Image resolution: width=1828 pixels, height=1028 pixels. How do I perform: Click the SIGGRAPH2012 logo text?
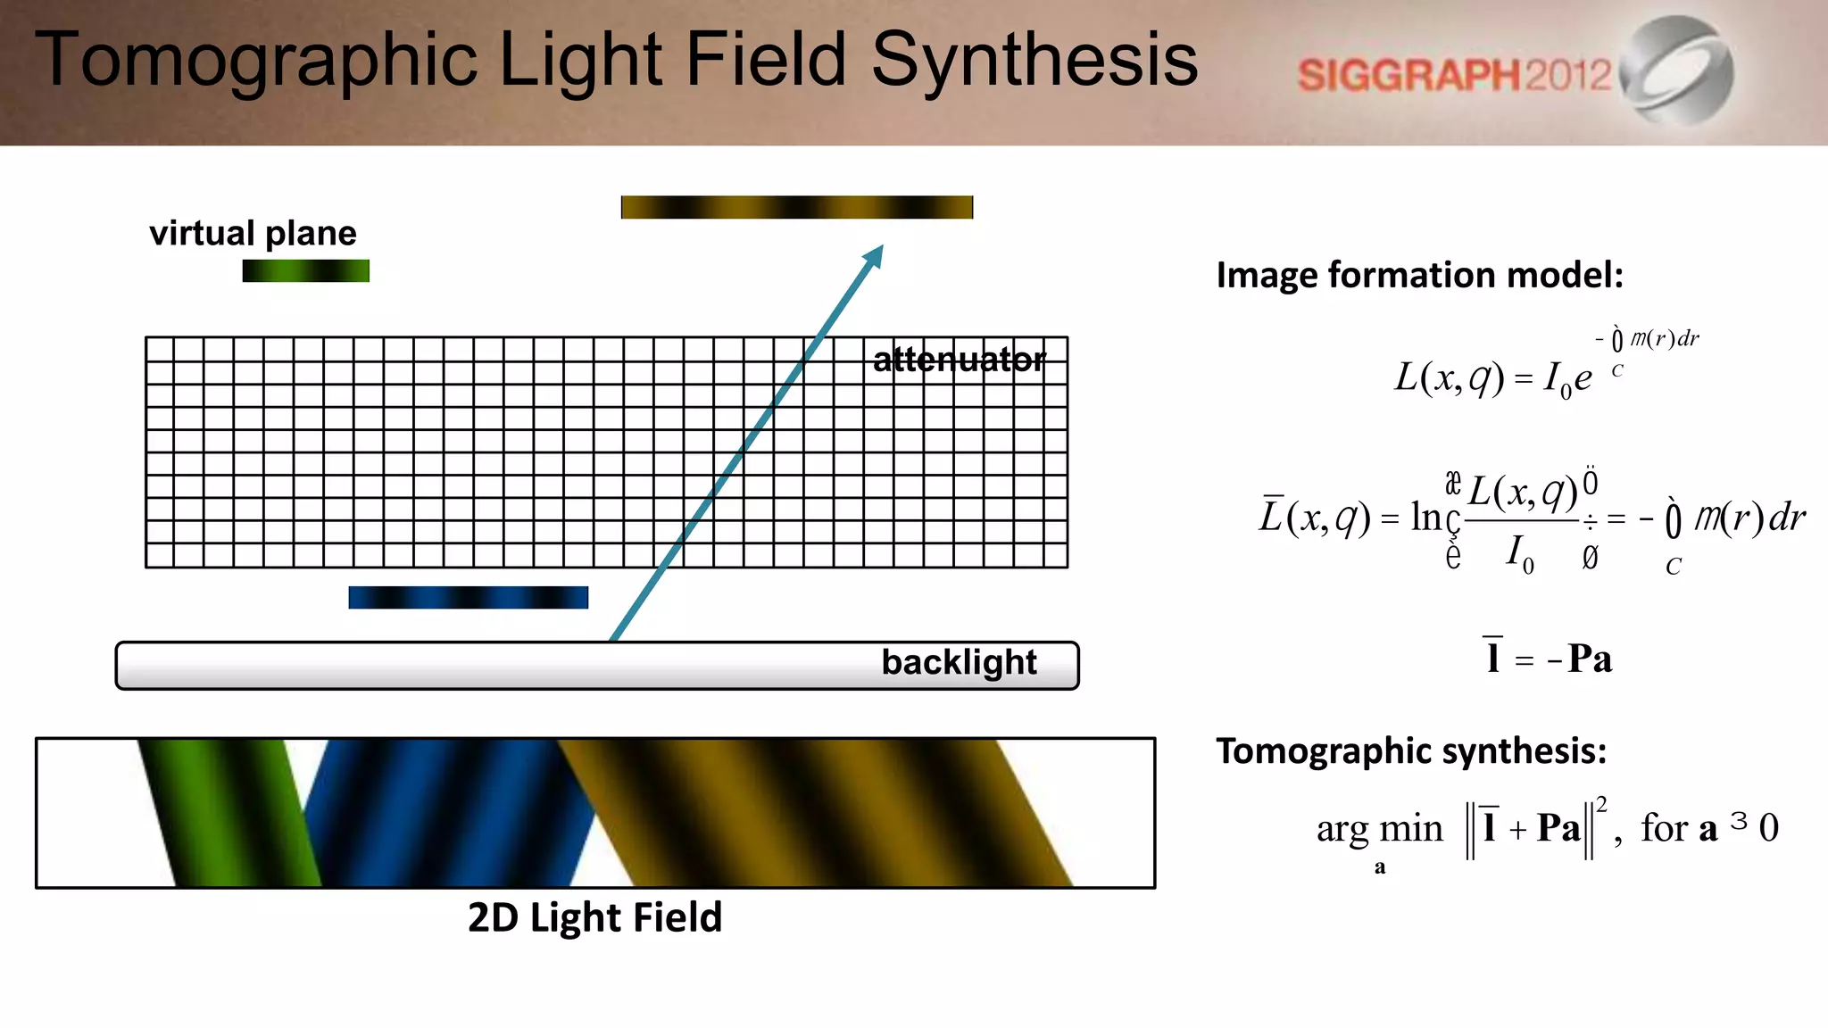point(1454,75)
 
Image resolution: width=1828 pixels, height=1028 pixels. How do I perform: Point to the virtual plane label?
point(253,233)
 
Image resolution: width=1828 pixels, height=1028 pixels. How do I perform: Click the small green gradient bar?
point(305,270)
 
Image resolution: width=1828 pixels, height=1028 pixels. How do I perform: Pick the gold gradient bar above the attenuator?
point(796,207)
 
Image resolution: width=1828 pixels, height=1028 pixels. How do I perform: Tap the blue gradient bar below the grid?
point(468,597)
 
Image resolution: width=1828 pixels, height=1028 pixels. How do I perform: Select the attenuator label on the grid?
point(959,360)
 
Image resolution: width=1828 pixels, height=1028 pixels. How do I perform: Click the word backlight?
point(959,662)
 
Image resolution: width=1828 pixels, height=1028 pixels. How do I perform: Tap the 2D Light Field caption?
point(594,917)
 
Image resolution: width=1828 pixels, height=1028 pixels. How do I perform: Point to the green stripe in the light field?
point(228,812)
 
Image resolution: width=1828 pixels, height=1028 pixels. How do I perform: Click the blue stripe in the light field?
point(446,812)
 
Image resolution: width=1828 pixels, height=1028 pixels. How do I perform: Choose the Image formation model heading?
point(1419,275)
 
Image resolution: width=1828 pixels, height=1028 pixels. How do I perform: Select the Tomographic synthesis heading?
point(1411,750)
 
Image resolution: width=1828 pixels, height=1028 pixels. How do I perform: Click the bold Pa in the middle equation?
point(1590,659)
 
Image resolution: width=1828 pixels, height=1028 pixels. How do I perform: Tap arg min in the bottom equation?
point(1379,829)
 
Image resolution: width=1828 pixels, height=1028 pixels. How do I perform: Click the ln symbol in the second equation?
point(1425,517)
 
